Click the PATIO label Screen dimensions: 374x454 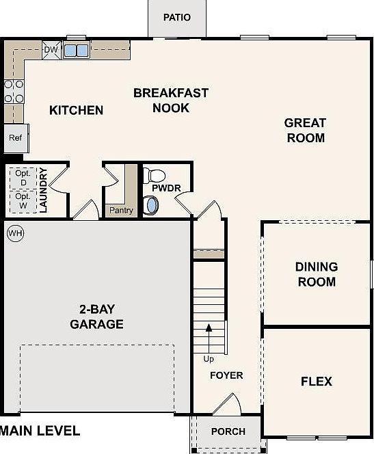click(x=177, y=17)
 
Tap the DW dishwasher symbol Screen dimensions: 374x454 click(x=51, y=50)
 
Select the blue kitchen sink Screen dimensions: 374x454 click(x=76, y=51)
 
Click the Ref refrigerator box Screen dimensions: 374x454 click(x=16, y=138)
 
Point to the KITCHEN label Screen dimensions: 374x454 click(x=76, y=110)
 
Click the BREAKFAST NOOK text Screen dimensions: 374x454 click(x=171, y=101)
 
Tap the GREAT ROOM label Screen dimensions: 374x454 click(x=306, y=131)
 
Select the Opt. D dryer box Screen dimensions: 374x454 click(x=23, y=178)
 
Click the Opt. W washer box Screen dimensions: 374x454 click(x=23, y=201)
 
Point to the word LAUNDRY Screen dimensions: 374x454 click(x=43, y=190)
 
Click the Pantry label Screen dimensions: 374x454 click(x=121, y=210)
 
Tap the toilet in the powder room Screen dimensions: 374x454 click(x=154, y=176)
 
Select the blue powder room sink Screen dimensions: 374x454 click(x=151, y=206)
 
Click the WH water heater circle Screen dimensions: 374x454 click(x=15, y=233)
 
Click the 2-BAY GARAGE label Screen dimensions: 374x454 click(x=96, y=317)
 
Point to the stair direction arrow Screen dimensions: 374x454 click(x=209, y=338)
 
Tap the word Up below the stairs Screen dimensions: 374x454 click(x=209, y=359)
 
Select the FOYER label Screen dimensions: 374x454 click(x=226, y=375)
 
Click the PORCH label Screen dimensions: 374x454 click(x=228, y=431)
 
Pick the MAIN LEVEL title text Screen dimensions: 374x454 click(x=40, y=431)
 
